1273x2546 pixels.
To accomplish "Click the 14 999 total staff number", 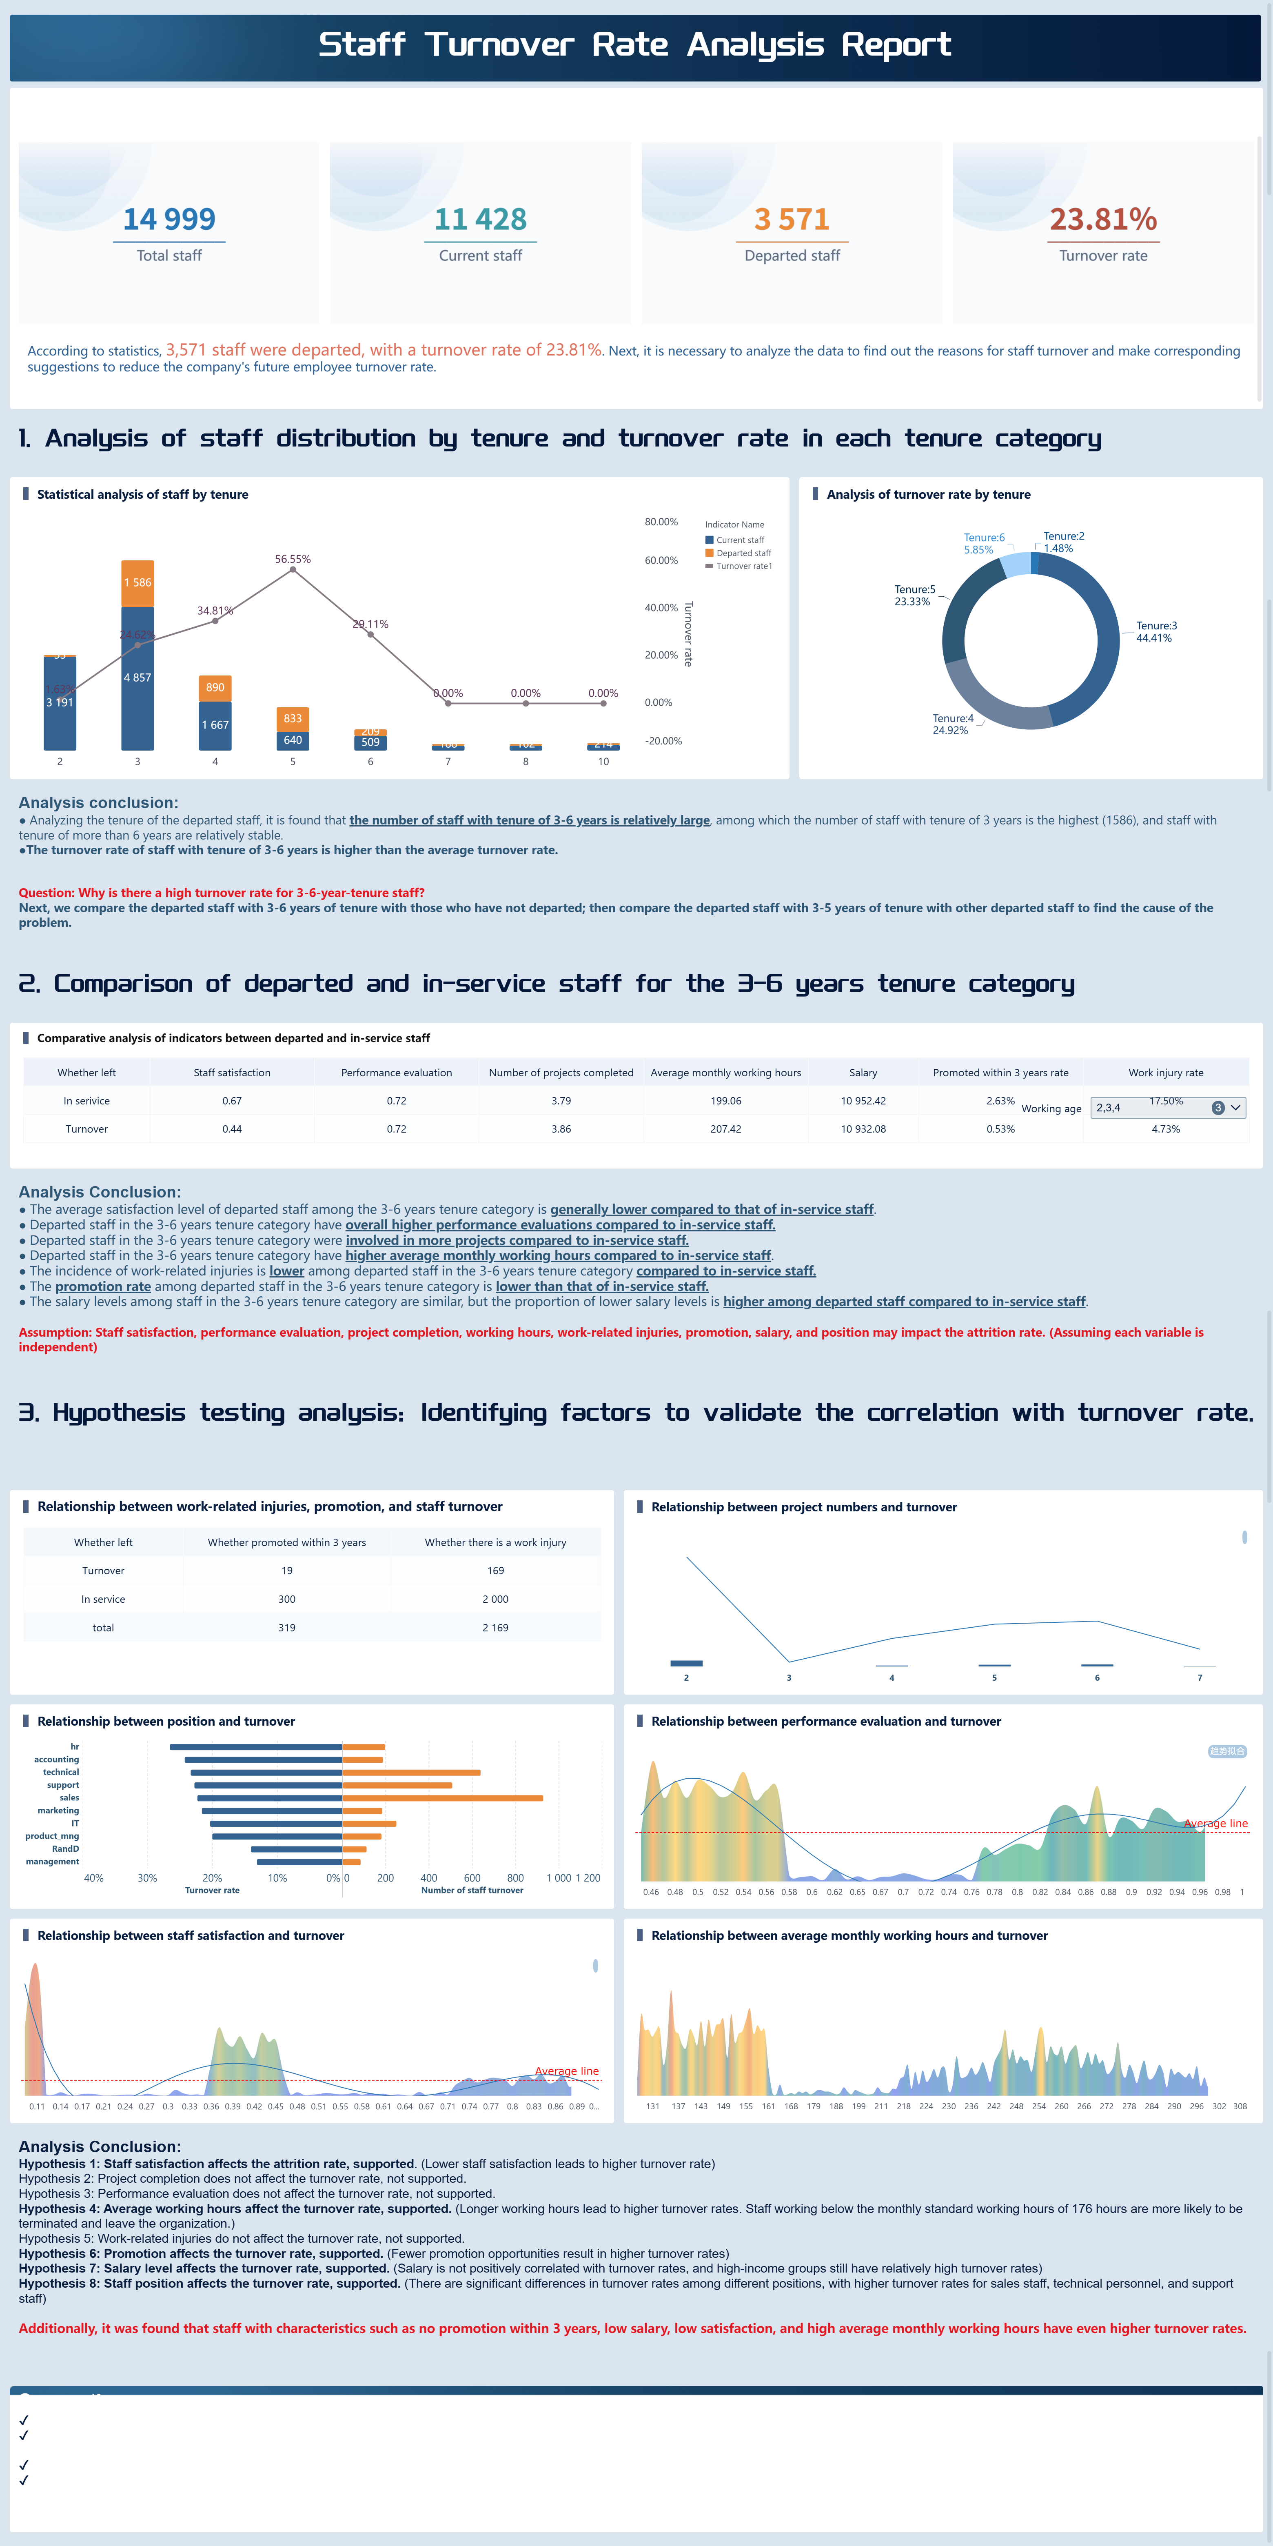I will [x=169, y=218].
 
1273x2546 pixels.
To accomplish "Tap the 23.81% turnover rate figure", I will [x=1103, y=218].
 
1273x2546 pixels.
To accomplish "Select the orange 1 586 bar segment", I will [x=138, y=582].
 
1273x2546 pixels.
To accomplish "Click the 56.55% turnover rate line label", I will [x=293, y=560].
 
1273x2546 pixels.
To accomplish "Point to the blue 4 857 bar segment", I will [x=138, y=678].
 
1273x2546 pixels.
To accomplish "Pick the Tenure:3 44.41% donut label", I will [x=1155, y=631].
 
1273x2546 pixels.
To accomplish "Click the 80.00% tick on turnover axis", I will [x=661, y=522].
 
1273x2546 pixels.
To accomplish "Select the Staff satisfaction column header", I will [x=232, y=1072].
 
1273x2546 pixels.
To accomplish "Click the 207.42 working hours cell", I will [x=725, y=1129].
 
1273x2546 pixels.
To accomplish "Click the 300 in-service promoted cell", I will [x=286, y=1599].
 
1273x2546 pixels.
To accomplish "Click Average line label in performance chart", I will [x=1216, y=1824].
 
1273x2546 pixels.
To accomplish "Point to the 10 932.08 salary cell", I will [x=863, y=1129].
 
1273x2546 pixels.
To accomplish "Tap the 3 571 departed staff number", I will [x=792, y=218].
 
